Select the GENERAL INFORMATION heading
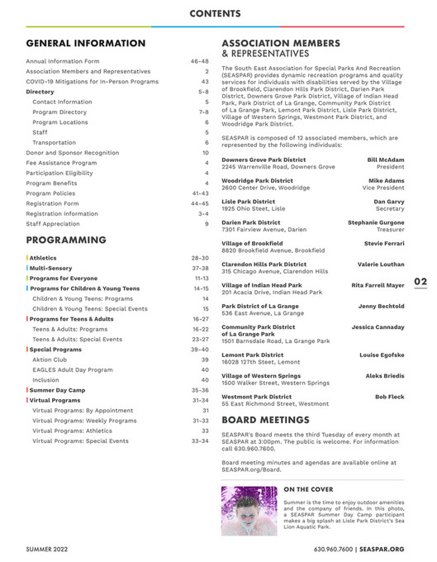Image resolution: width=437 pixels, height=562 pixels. pos(85,43)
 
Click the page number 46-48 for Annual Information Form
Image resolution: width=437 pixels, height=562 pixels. pos(199,61)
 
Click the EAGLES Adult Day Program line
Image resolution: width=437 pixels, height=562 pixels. pos(73,369)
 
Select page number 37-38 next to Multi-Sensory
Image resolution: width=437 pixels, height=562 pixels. pos(199,269)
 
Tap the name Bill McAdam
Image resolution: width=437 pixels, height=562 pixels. pos(386,160)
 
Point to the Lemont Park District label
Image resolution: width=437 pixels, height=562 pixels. pos(252,355)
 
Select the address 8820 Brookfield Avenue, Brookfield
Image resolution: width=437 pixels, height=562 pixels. pos(273,250)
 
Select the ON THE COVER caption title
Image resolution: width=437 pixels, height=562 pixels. pos(307,490)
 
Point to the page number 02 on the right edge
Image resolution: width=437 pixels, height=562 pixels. pos(420,281)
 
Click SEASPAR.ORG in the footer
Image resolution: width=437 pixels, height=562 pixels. pos(382,549)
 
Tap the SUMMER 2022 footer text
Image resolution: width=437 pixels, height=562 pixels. pos(51,549)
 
